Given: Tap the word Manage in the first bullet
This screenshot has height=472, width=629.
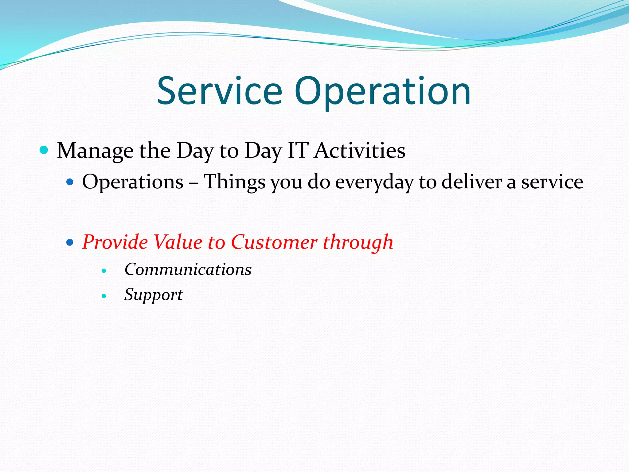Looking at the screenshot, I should click(x=95, y=151).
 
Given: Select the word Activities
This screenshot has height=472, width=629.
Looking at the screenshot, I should click(x=360, y=151).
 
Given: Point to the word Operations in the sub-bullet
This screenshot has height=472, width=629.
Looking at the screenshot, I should click(x=133, y=182).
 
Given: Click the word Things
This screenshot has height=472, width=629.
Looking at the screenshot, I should click(x=235, y=182).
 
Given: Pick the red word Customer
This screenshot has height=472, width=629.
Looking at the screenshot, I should click(x=274, y=242).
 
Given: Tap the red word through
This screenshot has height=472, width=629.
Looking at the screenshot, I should click(x=358, y=242).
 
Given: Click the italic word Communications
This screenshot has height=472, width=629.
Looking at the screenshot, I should click(x=188, y=269).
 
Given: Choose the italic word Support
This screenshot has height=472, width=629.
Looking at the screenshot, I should click(x=154, y=295).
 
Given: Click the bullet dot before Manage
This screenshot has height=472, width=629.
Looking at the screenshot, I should click(x=44, y=150).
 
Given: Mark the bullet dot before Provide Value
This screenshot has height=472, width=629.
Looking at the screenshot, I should click(x=70, y=242).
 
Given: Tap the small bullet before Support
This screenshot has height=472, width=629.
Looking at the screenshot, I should click(x=104, y=296).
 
